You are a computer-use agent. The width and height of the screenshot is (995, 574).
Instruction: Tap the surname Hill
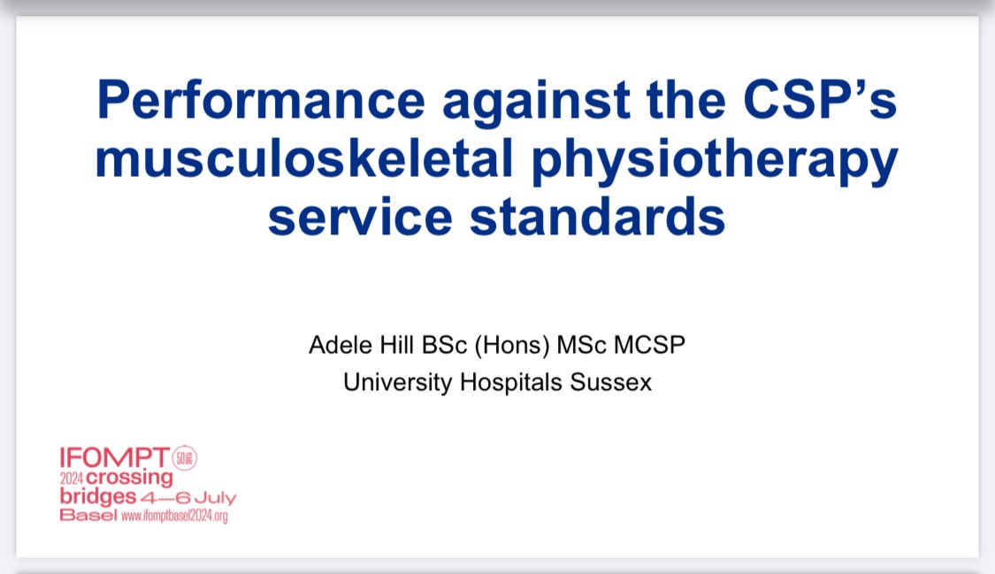tap(394, 345)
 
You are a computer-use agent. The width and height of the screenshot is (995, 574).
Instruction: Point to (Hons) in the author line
tap(509, 345)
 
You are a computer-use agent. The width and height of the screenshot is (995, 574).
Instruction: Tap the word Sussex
tap(616, 384)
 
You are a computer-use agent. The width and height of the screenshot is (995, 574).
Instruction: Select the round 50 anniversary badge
tap(185, 457)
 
